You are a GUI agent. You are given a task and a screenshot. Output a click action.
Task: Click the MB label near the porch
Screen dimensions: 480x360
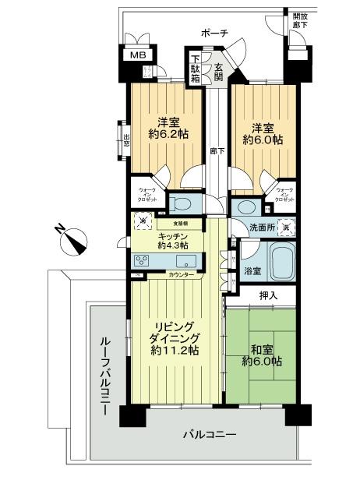(x=137, y=55)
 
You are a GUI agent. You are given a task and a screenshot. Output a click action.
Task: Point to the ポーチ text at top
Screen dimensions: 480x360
(x=214, y=33)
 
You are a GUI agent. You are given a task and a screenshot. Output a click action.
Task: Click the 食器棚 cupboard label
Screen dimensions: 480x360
(x=180, y=223)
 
